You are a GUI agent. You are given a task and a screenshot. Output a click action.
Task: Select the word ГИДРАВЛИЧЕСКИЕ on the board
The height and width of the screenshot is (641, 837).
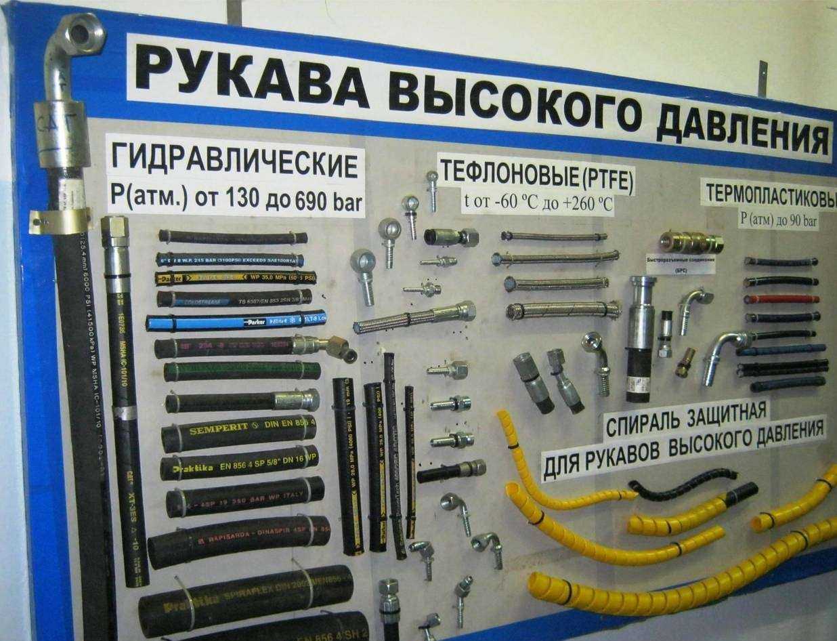[233, 163]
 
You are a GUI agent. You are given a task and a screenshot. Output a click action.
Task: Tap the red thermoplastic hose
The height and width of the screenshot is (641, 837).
[781, 298]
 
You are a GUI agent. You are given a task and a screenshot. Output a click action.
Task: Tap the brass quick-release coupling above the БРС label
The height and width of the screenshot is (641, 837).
[691, 241]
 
